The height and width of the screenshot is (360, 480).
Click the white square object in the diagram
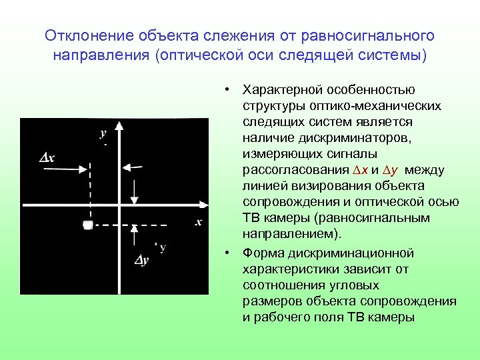tap(87, 225)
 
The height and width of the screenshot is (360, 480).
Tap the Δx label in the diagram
tap(47, 157)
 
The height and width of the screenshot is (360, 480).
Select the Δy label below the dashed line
tap(141, 260)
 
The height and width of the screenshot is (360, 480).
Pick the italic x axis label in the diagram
tap(198, 222)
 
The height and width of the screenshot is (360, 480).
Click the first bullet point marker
tap(227, 90)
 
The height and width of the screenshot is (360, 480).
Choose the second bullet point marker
tap(227, 253)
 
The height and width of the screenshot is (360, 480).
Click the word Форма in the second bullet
tap(261, 253)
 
